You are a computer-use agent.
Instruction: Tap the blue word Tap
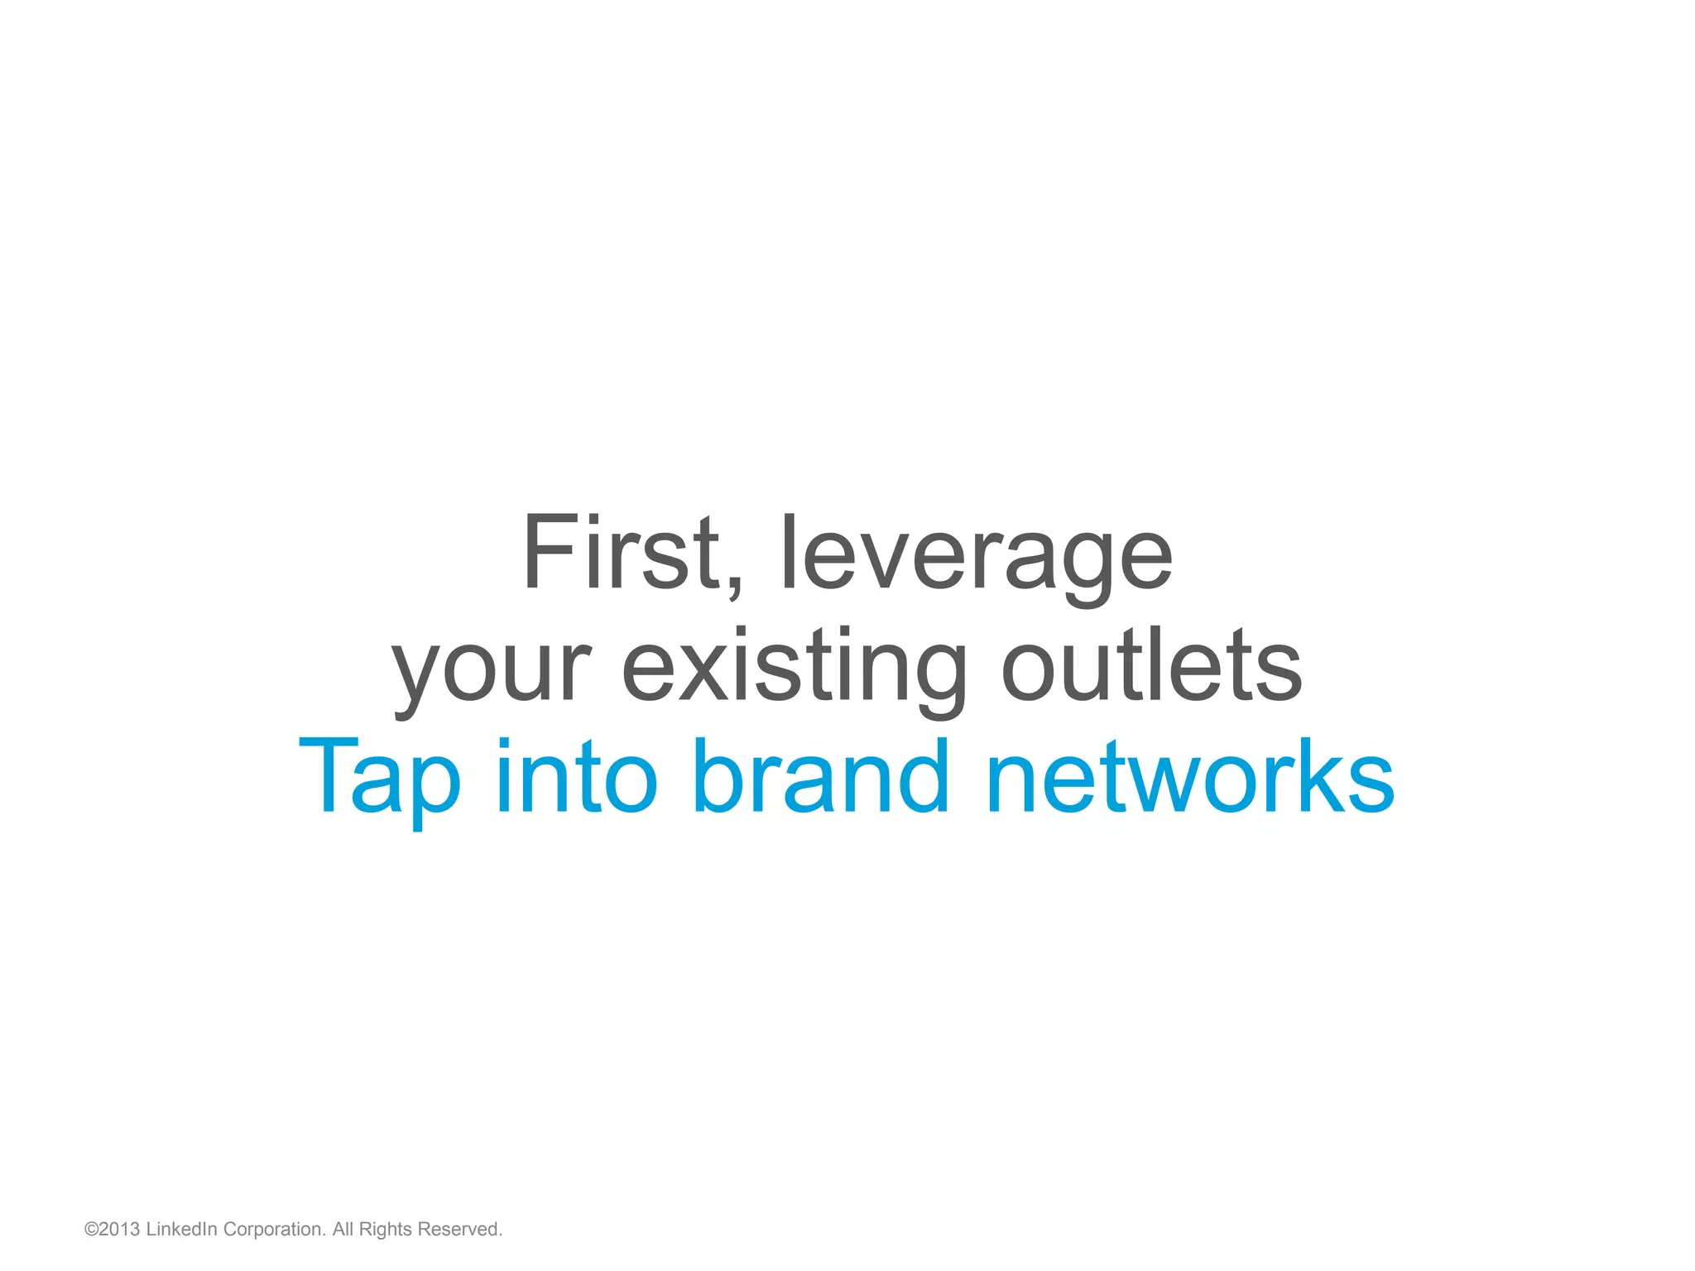(379, 778)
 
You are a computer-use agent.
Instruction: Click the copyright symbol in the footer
(91, 1230)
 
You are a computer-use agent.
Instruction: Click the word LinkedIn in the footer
(181, 1230)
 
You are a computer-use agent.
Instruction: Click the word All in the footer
(343, 1230)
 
